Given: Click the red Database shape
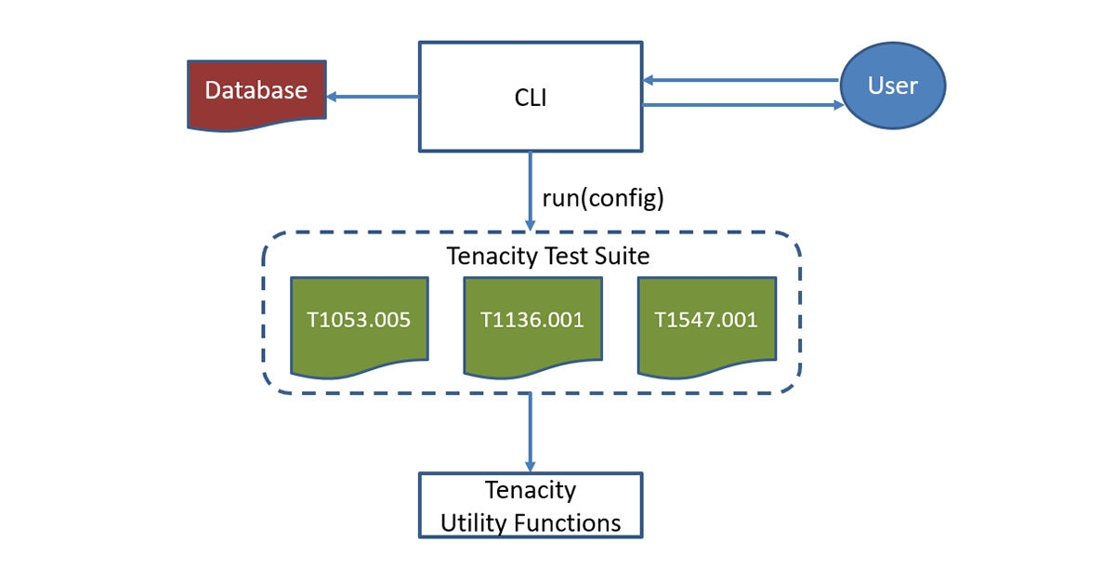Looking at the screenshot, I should click(256, 92).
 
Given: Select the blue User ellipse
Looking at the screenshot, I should click(892, 86).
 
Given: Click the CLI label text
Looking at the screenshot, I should click(531, 97).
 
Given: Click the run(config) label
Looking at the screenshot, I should click(602, 198).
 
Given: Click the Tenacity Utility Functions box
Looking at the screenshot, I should click(531, 505).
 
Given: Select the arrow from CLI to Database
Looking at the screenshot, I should click(372, 96).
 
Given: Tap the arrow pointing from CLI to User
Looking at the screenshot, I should click(743, 105).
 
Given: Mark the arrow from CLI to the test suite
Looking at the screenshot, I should click(531, 191).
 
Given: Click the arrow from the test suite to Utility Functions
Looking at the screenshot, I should click(531, 432).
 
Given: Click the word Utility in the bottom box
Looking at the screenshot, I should click(473, 523).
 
